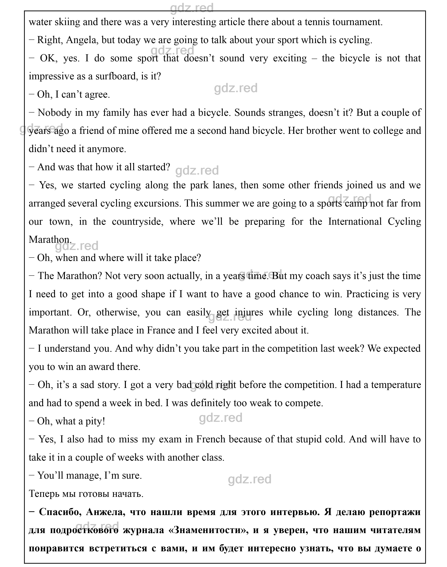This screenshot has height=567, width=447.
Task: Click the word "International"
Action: [355, 222]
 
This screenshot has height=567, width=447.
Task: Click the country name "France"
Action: [161, 331]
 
